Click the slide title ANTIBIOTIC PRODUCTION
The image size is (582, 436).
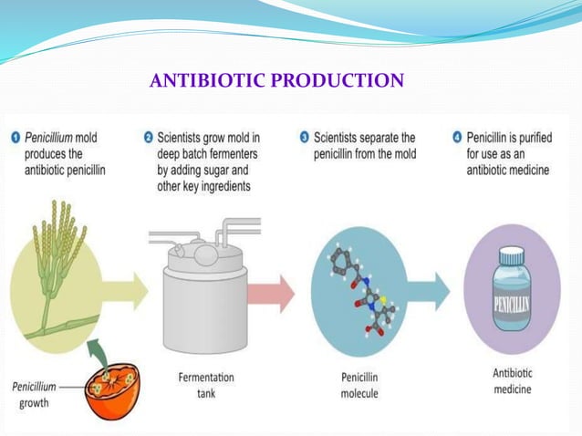(x=275, y=81)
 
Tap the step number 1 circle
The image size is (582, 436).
(x=16, y=138)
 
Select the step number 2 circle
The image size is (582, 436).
(x=149, y=138)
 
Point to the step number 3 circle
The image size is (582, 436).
(x=304, y=138)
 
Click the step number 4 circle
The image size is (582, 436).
(x=457, y=138)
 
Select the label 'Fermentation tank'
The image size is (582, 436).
(x=206, y=384)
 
